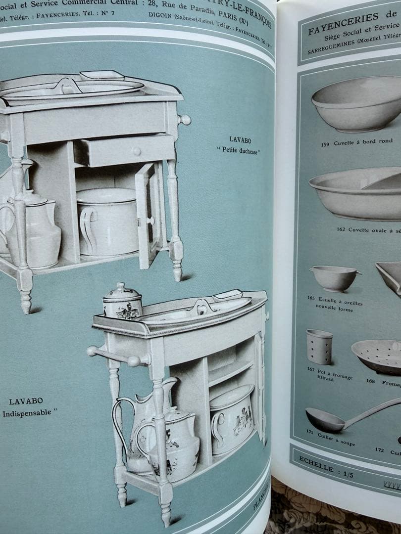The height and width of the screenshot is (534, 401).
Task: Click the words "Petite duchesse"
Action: click(238, 149)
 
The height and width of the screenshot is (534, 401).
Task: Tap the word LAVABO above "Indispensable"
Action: click(26, 401)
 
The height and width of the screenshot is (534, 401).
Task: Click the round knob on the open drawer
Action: click(137, 151)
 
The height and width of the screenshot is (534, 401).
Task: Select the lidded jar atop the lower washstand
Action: click(122, 301)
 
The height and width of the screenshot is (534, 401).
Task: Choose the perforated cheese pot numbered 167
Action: click(319, 347)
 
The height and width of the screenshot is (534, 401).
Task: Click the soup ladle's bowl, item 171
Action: click(324, 420)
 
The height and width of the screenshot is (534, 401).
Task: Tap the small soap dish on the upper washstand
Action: click(102, 75)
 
